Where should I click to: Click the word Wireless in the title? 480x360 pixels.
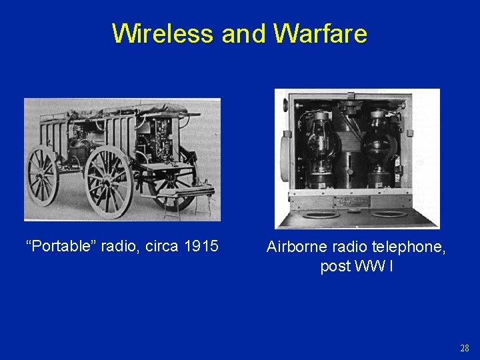pos(163,33)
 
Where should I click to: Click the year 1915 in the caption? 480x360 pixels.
pos(201,246)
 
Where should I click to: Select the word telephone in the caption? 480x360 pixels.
pos(406,247)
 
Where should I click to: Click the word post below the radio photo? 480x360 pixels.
pos(335,267)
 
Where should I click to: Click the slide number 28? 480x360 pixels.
pos(465,348)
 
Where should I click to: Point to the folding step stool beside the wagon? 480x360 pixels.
pos(193,197)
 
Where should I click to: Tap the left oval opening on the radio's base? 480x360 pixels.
pos(320,214)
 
